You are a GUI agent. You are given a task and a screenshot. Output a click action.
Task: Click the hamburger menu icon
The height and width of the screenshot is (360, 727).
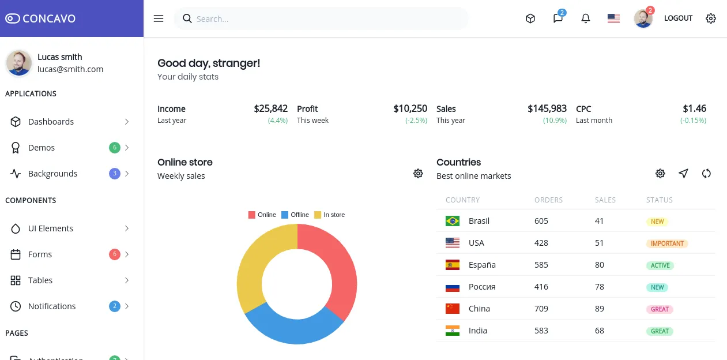click(x=159, y=18)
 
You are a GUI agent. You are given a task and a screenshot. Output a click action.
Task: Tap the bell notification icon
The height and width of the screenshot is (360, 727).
click(x=586, y=18)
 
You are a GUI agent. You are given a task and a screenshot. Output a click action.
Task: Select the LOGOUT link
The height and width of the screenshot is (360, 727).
click(x=678, y=18)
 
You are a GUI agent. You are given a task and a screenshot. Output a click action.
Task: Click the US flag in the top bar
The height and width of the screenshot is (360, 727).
click(x=613, y=18)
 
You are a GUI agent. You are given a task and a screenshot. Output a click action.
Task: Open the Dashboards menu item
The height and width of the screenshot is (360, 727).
click(x=51, y=122)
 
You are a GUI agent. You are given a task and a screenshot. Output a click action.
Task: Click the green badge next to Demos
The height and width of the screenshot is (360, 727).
click(x=114, y=148)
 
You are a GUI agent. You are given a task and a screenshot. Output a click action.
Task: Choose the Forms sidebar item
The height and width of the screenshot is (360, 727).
click(x=40, y=254)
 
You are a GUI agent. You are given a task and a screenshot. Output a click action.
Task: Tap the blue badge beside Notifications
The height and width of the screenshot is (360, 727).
click(x=114, y=306)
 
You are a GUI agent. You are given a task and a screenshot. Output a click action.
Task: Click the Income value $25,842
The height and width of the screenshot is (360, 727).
click(x=270, y=108)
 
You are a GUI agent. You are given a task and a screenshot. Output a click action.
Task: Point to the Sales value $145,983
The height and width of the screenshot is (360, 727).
click(x=547, y=108)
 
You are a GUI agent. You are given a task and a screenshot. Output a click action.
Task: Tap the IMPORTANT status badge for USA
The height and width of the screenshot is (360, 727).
click(x=667, y=243)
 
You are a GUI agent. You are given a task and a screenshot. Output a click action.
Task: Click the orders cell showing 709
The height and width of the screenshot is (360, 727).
click(x=541, y=309)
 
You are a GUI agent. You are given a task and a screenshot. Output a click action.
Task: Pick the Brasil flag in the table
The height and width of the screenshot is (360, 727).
click(x=453, y=221)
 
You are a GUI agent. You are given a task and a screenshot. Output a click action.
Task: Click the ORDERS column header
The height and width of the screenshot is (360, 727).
click(x=548, y=200)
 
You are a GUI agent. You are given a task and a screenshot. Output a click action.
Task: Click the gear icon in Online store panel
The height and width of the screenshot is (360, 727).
click(x=418, y=174)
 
